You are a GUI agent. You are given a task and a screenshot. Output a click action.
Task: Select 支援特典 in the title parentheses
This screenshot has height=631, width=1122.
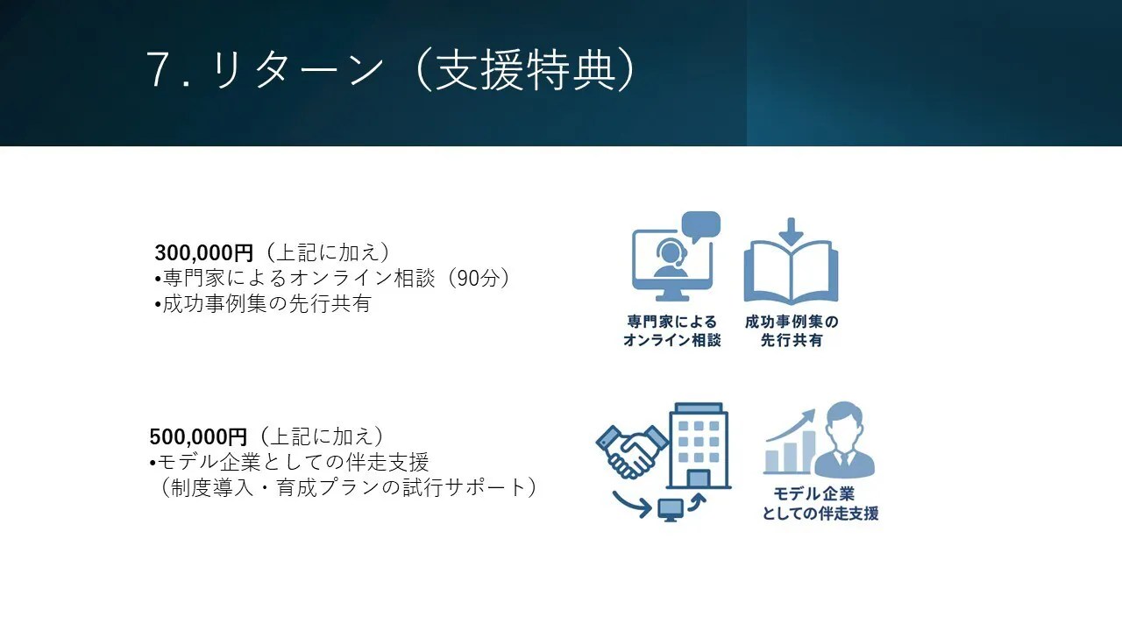point(525,69)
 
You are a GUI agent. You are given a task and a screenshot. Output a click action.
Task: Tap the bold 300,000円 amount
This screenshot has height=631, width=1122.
point(204,253)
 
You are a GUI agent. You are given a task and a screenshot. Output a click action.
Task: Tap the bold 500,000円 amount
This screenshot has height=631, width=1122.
point(198,436)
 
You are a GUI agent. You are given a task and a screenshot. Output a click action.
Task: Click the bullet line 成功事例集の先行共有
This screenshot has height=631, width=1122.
point(263,304)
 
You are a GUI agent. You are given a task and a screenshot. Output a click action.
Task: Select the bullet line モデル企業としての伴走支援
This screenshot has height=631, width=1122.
point(289,462)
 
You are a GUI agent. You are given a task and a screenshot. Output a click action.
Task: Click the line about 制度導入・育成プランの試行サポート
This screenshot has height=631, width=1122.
point(349,487)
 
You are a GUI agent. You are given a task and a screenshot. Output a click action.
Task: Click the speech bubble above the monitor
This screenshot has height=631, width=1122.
point(701,225)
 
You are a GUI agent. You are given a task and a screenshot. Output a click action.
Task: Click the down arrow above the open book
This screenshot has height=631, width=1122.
point(791,231)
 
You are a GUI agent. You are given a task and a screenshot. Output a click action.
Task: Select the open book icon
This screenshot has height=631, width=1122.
point(791,273)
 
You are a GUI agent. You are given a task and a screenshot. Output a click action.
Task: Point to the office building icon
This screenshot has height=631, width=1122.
point(699,446)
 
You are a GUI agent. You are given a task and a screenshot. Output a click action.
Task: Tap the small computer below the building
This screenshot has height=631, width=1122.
point(671,510)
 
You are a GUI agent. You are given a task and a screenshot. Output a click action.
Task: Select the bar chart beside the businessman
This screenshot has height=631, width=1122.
point(790,443)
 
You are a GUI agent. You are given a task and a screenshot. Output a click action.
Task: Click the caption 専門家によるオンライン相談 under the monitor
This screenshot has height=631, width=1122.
point(671,331)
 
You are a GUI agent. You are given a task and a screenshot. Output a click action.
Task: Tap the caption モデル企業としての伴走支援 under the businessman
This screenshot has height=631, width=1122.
point(820,504)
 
